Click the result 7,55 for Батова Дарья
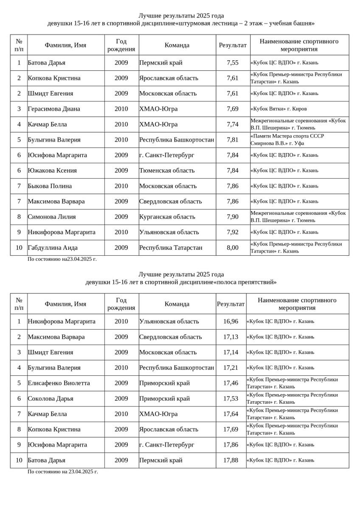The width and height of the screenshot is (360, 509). pyautogui.click(x=233, y=63)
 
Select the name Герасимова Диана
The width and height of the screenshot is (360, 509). pyautogui.click(x=54, y=109)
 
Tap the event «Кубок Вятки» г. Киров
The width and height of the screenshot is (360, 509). pyautogui.click(x=278, y=109)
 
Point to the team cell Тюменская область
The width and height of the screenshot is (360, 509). pyautogui.click(x=167, y=171)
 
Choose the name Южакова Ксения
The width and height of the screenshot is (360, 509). pyautogui.click(x=52, y=171)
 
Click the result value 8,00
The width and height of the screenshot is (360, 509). pyautogui.click(x=233, y=248)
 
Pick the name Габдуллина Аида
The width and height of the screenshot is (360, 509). pyautogui.click(x=53, y=248)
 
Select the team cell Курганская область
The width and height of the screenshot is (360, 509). pyautogui.click(x=167, y=217)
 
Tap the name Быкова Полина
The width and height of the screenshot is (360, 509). pyautogui.click(x=50, y=186)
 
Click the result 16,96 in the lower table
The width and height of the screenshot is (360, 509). pyautogui.click(x=231, y=322)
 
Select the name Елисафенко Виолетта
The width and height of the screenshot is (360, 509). pyautogui.click(x=59, y=383)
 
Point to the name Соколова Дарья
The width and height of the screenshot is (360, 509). pyautogui.click(x=51, y=399)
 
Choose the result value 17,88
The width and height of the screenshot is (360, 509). pyautogui.click(x=231, y=460)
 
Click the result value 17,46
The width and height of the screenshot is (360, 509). pyautogui.click(x=231, y=383)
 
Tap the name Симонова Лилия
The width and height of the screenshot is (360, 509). pyautogui.click(x=52, y=217)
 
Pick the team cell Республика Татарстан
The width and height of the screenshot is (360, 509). pyautogui.click(x=171, y=248)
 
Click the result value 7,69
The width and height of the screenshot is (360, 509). pyautogui.click(x=233, y=109)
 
